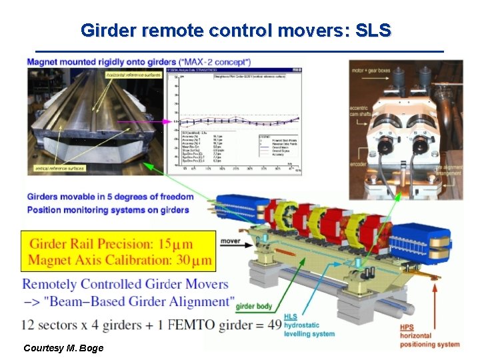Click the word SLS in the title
pyautogui.click(x=375, y=30)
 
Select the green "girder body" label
pyautogui.click(x=254, y=306)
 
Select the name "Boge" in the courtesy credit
pyautogui.click(x=93, y=348)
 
